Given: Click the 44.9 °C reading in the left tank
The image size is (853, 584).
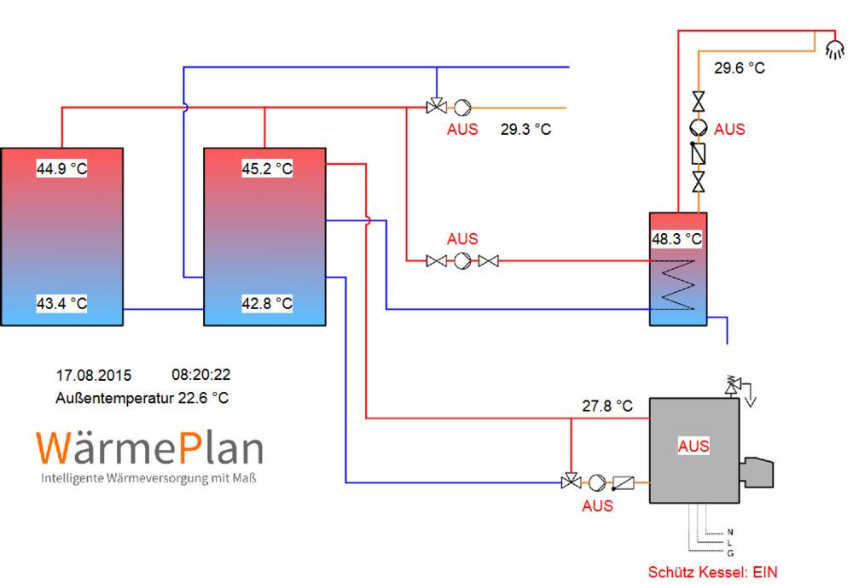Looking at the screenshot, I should point(61,168).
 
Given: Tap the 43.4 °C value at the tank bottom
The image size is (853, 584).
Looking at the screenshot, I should point(61,303).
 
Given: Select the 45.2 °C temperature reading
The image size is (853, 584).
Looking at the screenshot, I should point(267,168).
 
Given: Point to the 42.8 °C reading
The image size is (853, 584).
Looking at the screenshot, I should point(267,303).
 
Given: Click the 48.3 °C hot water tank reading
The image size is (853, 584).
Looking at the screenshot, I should point(676,239).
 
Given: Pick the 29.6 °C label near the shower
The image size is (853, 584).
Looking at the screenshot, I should point(740,67).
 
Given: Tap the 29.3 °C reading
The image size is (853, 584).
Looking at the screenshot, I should point(525,130).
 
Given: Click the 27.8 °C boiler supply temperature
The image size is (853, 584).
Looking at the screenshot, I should point(607,406).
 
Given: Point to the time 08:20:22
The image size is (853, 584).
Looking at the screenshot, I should point(201,375).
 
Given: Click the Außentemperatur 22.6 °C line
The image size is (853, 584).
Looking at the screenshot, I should point(142,398).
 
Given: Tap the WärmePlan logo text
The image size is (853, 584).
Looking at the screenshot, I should point(149,448).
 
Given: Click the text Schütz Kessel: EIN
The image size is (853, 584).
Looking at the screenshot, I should point(713,571).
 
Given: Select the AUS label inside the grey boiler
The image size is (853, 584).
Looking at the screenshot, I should point(693,446).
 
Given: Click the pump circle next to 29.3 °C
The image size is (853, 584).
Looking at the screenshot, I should point(462,108).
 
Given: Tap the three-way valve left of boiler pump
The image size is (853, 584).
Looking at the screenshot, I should point(566,482).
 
